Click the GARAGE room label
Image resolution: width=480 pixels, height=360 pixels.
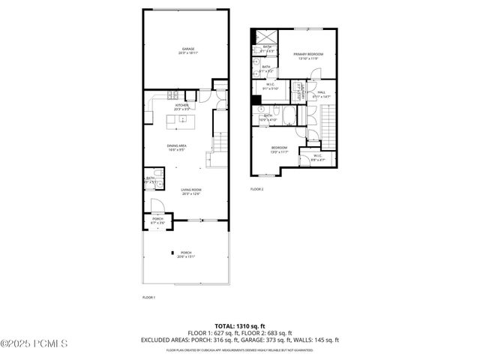[182, 50]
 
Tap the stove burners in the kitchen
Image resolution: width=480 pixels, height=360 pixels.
[172, 95]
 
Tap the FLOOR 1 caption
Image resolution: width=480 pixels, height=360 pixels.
[148, 298]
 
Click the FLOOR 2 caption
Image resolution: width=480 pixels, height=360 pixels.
[257, 189]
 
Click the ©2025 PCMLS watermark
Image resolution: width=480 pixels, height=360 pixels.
[34, 344]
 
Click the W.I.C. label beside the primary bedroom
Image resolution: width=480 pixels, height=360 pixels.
[269, 87]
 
